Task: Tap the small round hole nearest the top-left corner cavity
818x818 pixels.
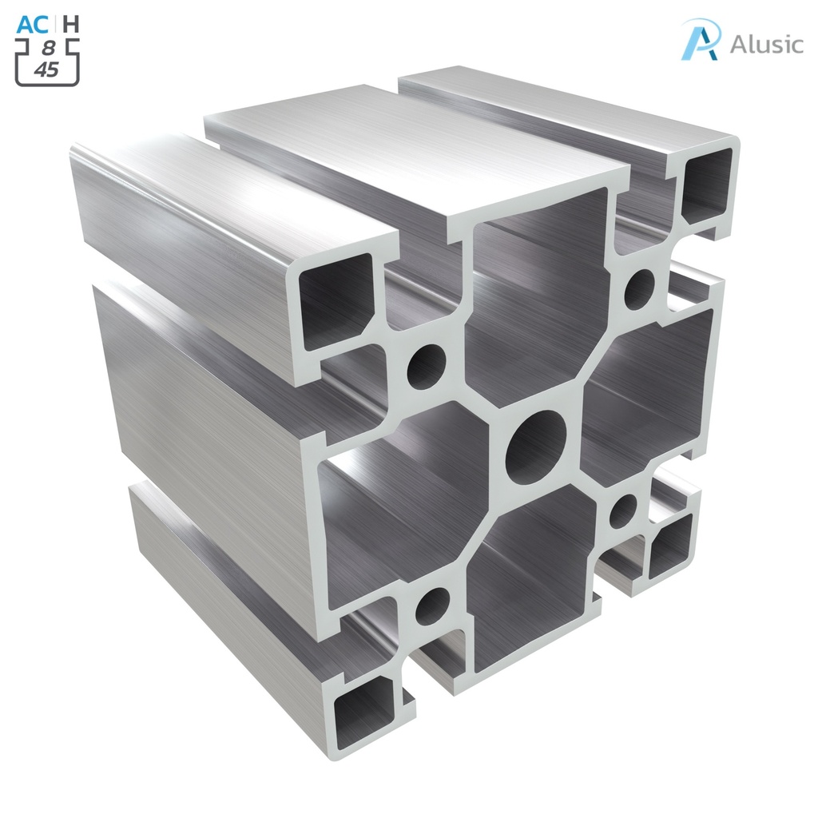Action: click(x=427, y=367)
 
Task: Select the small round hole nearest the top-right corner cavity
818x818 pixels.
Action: click(x=638, y=289)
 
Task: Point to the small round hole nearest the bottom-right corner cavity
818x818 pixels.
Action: click(x=623, y=511)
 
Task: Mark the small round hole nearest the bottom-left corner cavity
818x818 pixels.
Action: click(x=432, y=606)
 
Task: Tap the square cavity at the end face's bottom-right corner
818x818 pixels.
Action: click(x=669, y=546)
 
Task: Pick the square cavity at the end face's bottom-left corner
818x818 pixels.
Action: click(x=365, y=711)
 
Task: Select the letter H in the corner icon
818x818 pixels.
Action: click(x=70, y=24)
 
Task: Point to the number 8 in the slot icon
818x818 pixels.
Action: click(x=49, y=50)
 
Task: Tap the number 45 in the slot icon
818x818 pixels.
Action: click(x=46, y=69)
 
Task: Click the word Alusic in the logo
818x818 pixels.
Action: click(x=766, y=44)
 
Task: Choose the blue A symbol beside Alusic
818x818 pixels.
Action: click(x=700, y=39)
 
